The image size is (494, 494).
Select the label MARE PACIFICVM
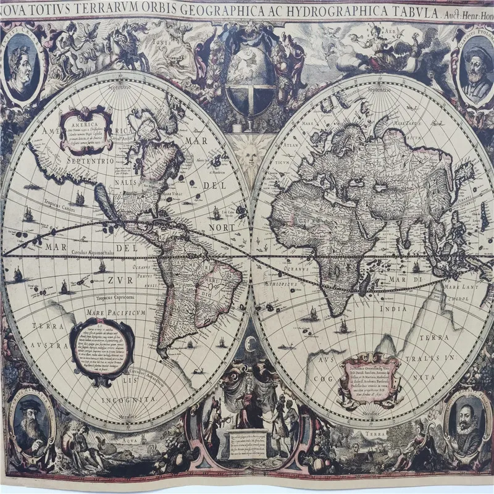tap(116, 313)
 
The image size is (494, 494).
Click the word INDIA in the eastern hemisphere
tap(393, 309)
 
